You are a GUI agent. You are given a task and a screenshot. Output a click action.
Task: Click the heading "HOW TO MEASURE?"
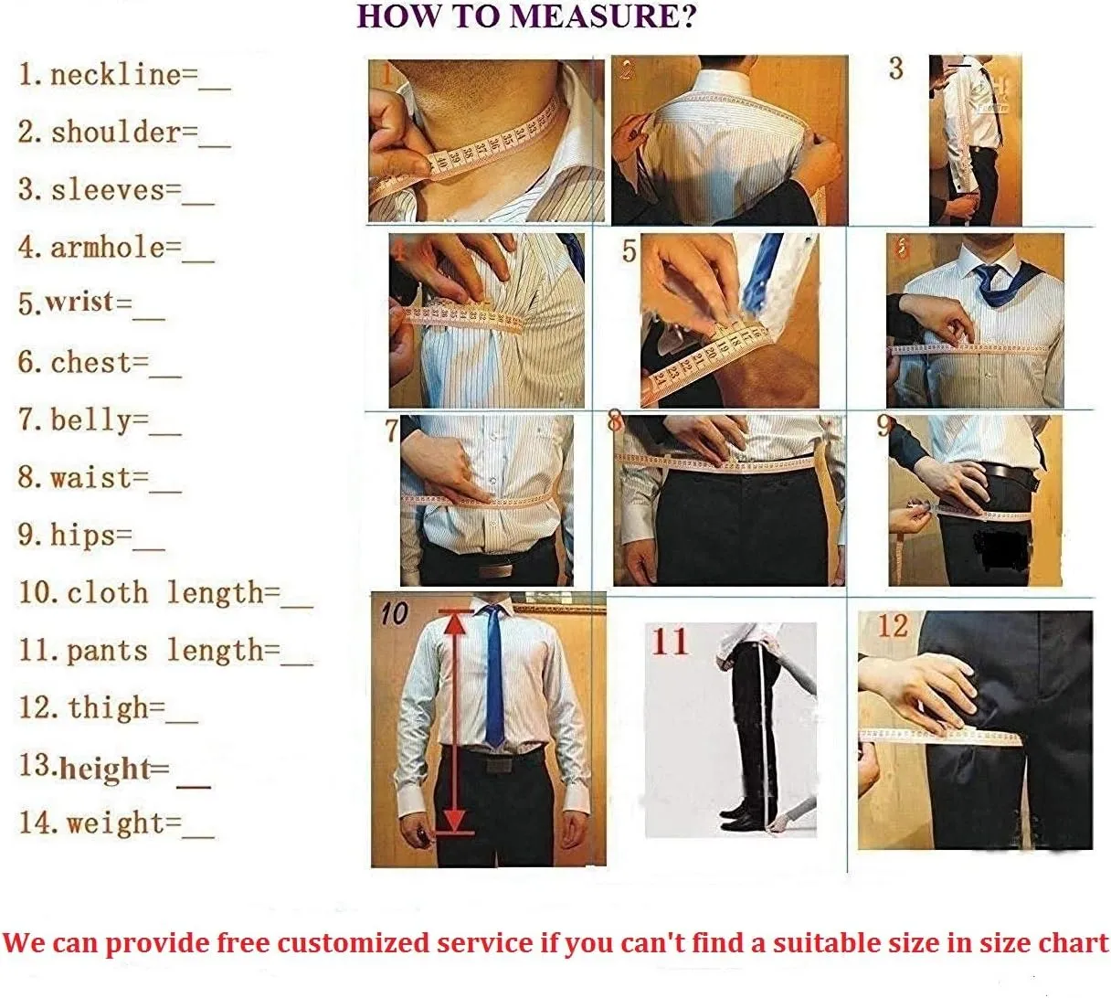pos(526,16)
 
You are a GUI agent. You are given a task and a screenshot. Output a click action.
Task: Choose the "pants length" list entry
pos(165,652)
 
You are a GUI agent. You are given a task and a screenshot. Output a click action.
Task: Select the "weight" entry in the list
pos(116,823)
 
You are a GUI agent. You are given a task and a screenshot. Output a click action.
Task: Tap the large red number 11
pos(670,642)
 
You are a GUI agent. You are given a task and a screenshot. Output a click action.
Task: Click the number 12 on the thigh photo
pos(894,626)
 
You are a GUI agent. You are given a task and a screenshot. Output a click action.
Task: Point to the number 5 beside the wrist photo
pos(629,251)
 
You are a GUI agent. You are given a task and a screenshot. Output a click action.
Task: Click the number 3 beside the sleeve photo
pos(896,69)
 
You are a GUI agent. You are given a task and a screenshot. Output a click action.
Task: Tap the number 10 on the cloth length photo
pos(395,613)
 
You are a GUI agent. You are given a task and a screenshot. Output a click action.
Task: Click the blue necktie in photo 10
pos(493,674)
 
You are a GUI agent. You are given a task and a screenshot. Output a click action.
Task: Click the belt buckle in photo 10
pos(497,765)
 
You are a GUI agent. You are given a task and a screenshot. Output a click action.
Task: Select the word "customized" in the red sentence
pos(352,943)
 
